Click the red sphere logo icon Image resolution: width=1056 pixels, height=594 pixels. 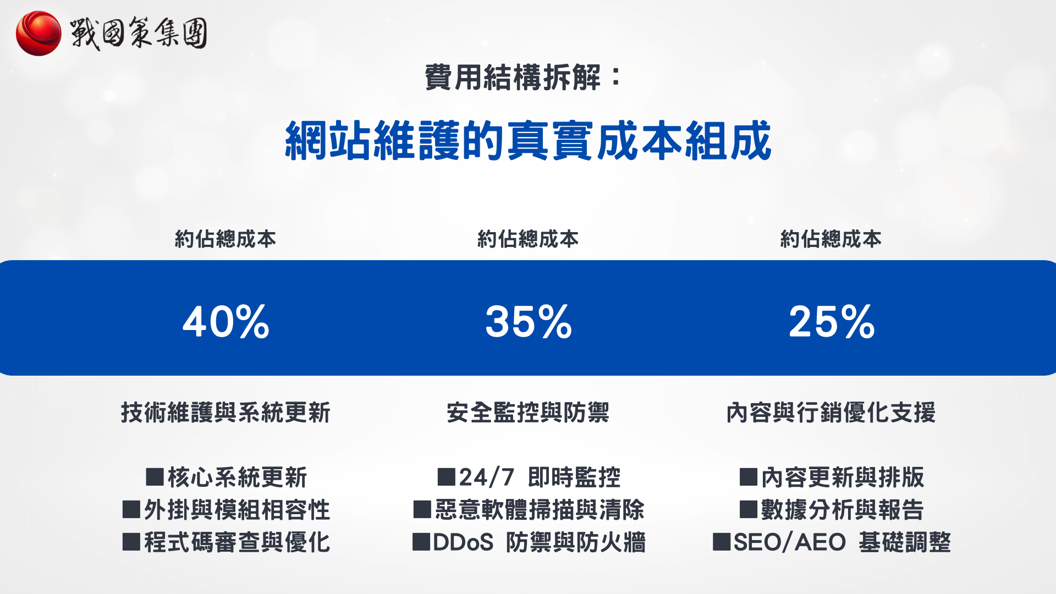(38, 34)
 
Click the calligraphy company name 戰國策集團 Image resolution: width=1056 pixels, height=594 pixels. (139, 33)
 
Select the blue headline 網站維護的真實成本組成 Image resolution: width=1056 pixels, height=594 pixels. (528, 141)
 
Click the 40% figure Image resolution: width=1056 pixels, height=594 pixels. (226, 322)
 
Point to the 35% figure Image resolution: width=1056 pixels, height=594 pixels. (529, 322)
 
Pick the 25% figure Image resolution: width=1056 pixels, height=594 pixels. (832, 322)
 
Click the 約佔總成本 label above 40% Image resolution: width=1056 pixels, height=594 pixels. (226, 239)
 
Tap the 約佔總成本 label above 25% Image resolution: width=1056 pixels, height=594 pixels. (831, 239)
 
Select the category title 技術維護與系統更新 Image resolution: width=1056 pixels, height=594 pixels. (226, 413)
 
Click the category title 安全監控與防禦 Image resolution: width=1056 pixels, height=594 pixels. (528, 413)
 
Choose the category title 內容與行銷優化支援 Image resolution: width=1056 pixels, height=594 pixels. (831, 413)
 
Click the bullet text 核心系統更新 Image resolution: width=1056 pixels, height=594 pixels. (237, 477)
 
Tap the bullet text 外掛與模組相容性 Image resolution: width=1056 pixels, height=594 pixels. (237, 510)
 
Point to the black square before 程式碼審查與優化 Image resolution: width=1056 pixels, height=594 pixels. (131, 542)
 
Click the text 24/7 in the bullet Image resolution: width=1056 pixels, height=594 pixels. (487, 477)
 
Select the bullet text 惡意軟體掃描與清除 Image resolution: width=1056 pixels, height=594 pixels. (540, 510)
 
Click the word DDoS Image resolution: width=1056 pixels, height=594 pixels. (463, 542)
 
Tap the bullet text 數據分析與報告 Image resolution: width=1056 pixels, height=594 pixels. (842, 510)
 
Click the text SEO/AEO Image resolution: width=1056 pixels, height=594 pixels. (790, 542)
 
